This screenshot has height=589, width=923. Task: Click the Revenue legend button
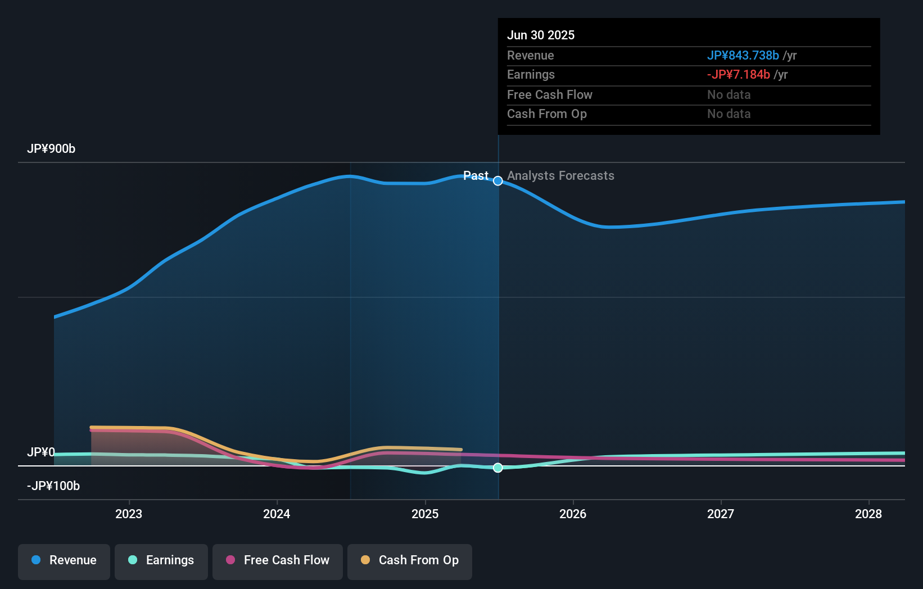(x=64, y=560)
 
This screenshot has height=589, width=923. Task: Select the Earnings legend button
(x=161, y=560)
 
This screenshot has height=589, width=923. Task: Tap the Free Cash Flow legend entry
(x=278, y=560)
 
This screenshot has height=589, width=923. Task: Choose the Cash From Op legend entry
(x=410, y=560)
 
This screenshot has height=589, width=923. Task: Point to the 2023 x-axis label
(x=129, y=514)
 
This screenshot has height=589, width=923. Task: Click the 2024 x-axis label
(x=277, y=514)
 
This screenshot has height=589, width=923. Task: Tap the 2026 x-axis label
(x=573, y=514)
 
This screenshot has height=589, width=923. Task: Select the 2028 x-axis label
(x=868, y=514)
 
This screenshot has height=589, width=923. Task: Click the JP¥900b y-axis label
(x=51, y=149)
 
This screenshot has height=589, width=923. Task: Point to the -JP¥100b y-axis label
(x=53, y=486)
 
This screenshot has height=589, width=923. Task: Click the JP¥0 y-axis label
(x=41, y=452)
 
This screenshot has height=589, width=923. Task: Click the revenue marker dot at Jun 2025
(x=498, y=181)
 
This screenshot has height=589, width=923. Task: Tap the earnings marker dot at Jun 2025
(x=498, y=468)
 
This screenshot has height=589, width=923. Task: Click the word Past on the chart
(x=476, y=176)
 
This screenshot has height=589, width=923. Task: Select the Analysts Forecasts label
(x=560, y=176)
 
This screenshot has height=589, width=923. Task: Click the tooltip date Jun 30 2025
(x=541, y=35)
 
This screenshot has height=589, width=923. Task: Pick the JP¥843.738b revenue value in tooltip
(x=743, y=56)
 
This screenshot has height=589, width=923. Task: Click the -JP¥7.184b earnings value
(x=738, y=75)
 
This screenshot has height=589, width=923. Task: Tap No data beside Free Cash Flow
(x=729, y=95)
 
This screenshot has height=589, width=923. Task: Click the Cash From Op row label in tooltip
(x=546, y=114)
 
